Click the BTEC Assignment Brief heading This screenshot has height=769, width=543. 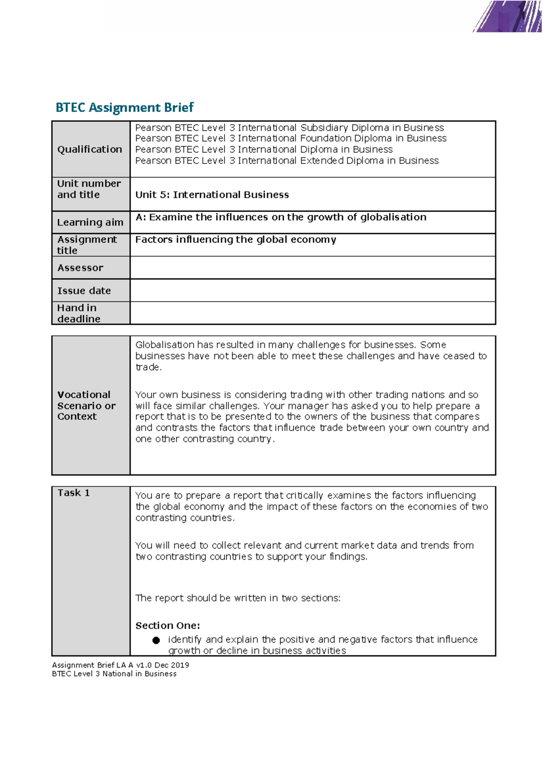click(x=124, y=107)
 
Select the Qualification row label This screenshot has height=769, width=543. click(x=90, y=149)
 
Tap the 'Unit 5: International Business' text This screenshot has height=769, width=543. click(x=212, y=195)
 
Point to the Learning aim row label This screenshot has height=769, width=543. click(x=90, y=222)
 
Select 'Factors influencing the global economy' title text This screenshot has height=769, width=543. click(x=235, y=240)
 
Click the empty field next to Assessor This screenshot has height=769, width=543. click(x=312, y=268)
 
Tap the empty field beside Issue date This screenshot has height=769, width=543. click(x=312, y=290)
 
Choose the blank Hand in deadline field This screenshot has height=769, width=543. click(x=312, y=313)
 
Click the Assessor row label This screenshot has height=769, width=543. click(x=80, y=268)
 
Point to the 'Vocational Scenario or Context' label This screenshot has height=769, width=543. click(x=86, y=406)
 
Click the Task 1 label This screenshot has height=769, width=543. click(x=73, y=493)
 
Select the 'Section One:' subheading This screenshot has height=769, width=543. click(x=167, y=626)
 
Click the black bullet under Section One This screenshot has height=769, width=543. click(x=156, y=640)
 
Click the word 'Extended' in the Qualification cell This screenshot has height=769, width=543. click(x=322, y=161)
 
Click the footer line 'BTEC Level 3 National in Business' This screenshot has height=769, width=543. click(x=114, y=674)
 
